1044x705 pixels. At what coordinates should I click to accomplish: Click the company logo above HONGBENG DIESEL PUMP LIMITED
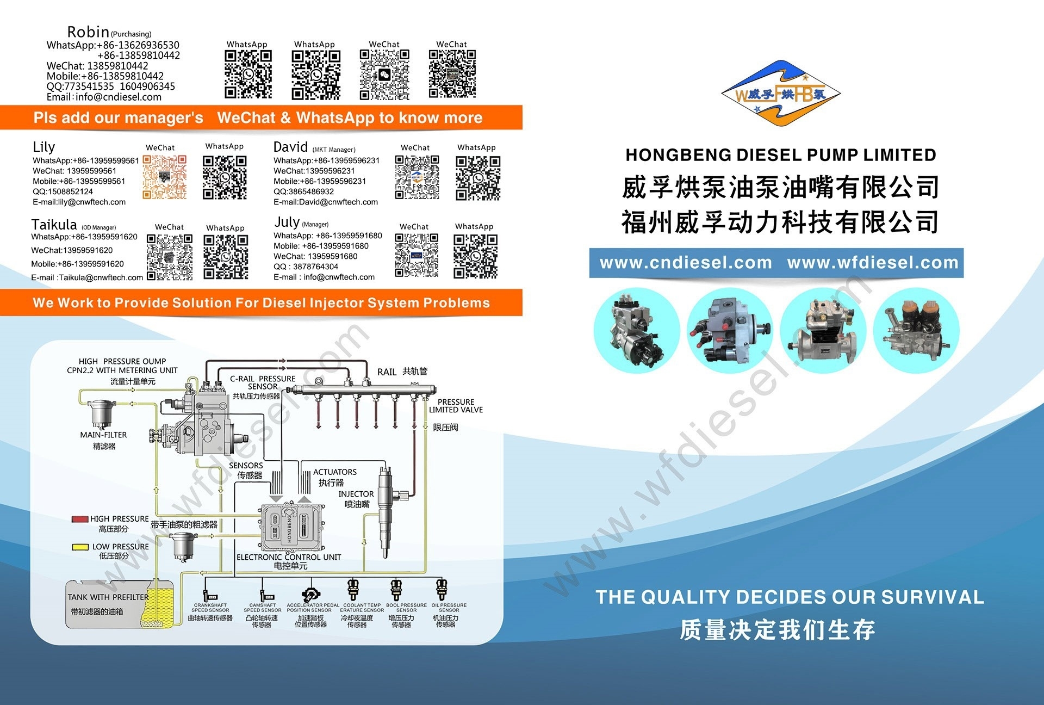tap(781, 94)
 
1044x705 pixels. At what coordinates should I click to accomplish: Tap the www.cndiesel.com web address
tap(686, 263)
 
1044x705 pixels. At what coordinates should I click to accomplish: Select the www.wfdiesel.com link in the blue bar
tap(872, 263)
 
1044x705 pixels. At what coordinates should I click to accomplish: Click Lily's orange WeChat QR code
tap(165, 177)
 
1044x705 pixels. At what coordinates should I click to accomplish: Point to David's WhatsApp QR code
tap(478, 178)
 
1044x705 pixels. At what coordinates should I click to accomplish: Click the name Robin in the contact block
tap(88, 32)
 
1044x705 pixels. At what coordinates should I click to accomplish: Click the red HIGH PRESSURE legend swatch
tap(80, 519)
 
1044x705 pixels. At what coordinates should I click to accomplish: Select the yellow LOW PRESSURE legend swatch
tap(80, 547)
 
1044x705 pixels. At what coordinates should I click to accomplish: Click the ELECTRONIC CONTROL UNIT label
tap(289, 557)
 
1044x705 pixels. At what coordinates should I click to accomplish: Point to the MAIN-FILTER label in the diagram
tap(103, 435)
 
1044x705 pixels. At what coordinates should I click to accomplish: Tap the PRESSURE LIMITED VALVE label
tap(456, 406)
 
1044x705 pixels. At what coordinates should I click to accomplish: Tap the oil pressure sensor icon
tap(442, 589)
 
